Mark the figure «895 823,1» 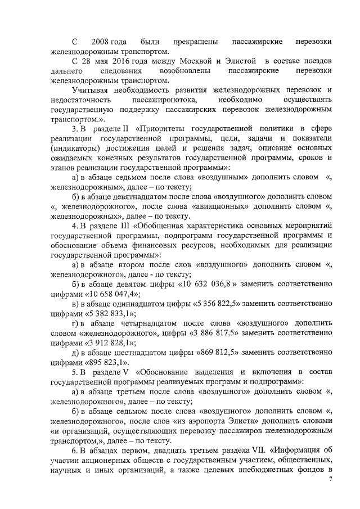(x=105, y=363)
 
